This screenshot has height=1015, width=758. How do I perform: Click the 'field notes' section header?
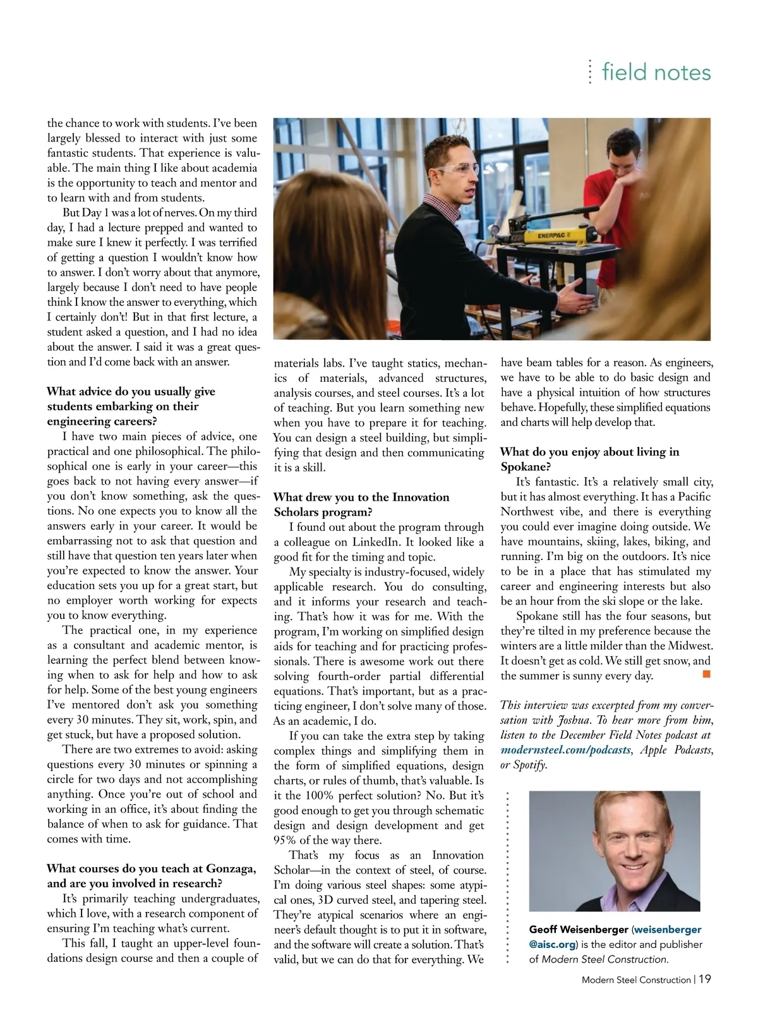[x=656, y=72]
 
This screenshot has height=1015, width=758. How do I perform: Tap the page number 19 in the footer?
[x=705, y=979]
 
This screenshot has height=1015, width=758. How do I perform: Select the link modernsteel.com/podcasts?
[x=565, y=750]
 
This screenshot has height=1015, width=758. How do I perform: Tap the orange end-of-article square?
[x=707, y=675]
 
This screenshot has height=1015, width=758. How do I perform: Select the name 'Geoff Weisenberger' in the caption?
[x=578, y=929]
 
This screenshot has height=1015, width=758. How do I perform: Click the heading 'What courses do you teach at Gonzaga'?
[x=152, y=868]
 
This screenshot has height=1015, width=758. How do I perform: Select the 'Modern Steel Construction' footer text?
[x=636, y=980]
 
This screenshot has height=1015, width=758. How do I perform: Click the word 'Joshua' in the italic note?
[x=571, y=720]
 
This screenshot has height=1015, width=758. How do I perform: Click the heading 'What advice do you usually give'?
[x=131, y=391]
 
